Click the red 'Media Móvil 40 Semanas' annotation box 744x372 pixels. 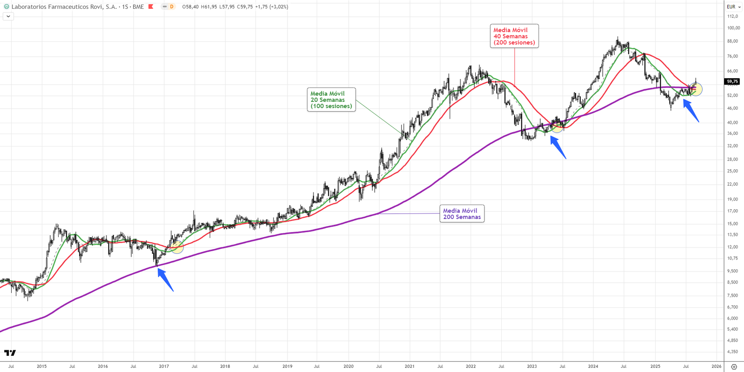point(514,36)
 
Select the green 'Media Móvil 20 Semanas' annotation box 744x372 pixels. point(331,100)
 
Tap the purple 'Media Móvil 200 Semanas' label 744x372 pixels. point(462,214)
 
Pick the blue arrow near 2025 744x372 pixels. point(691,111)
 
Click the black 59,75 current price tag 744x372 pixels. point(732,81)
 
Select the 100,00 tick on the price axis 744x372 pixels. point(733,28)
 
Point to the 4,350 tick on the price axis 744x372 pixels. point(732,352)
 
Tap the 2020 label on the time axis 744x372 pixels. point(348,366)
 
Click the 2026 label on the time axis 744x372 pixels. point(717,366)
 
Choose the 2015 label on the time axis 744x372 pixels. point(42,366)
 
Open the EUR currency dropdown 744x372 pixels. point(733,7)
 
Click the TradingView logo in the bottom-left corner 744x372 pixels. point(10,353)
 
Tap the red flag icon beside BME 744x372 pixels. point(151,7)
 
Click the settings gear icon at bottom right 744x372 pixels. point(734,367)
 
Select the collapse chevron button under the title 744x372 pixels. point(8,16)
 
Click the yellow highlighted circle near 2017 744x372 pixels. point(177,247)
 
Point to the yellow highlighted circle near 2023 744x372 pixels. point(557,126)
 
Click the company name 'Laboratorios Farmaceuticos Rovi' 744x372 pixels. point(64,7)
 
